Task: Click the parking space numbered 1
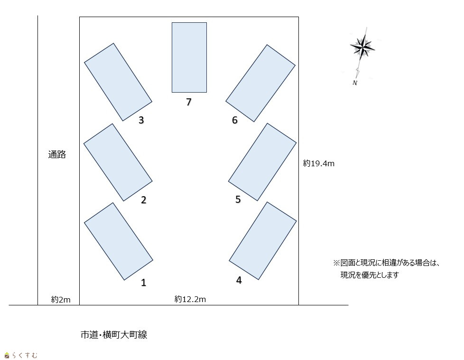coord(119,241)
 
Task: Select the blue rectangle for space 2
coord(118,162)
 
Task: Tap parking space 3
coord(118,82)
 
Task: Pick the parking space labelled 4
coord(263,241)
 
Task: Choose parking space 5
coord(262,162)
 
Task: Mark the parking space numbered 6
coord(261,83)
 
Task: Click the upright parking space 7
coord(189,57)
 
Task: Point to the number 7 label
coord(189,102)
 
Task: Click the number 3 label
coord(141,120)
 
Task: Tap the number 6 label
coord(235,120)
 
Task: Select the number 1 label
coord(144,283)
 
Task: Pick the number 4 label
coord(239,280)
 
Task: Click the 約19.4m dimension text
coord(319,163)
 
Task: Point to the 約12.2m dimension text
coord(190,299)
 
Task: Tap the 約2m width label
coord(61,300)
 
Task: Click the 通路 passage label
coord(57,154)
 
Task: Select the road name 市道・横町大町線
coord(114,335)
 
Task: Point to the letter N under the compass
coord(355,83)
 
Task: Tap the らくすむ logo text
coord(25,355)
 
